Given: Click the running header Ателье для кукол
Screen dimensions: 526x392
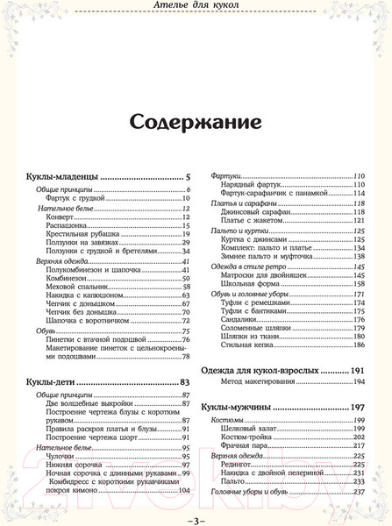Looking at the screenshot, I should click(x=195, y=9).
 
